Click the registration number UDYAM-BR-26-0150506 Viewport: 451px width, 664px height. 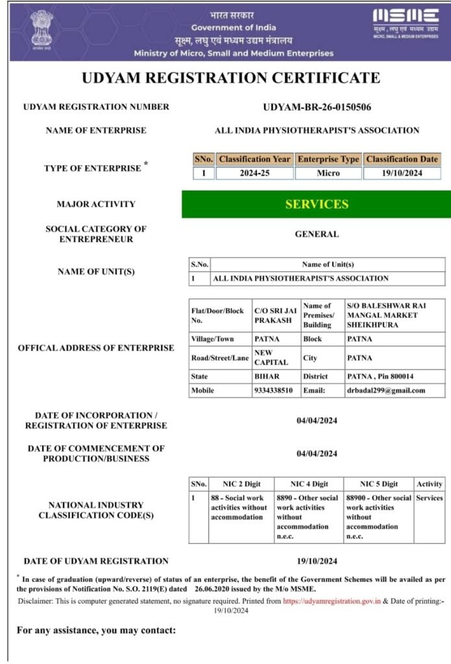[x=317, y=107]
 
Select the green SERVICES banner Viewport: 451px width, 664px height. [x=316, y=204]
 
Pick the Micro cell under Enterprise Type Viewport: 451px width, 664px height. [x=328, y=173]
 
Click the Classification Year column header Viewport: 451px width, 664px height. [x=254, y=159]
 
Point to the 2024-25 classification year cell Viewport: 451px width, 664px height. [x=254, y=173]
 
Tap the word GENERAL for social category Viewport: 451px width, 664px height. [x=317, y=234]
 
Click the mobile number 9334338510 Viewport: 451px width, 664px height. [x=274, y=390]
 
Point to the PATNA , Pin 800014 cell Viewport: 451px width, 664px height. [x=380, y=376]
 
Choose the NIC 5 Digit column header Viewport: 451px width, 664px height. [x=380, y=484]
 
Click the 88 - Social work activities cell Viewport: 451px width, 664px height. [x=239, y=508]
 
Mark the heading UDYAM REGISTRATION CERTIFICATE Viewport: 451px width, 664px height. [x=230, y=78]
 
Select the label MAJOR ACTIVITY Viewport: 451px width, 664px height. [x=96, y=204]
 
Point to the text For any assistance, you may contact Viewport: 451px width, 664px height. [x=96, y=630]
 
